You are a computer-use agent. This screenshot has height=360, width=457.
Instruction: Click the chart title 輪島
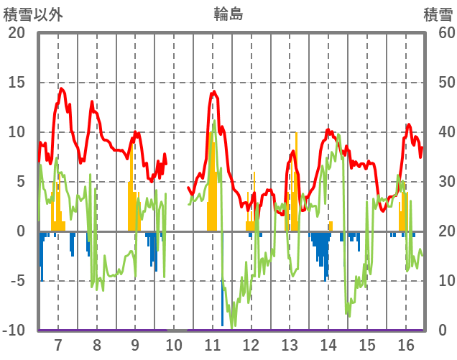[228, 14]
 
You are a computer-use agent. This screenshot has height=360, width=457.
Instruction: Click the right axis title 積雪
[438, 14]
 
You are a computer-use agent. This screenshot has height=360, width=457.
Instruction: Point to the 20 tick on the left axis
[17, 33]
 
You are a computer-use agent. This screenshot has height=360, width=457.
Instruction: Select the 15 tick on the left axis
[17, 83]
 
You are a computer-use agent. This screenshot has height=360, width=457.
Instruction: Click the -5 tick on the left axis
[17, 281]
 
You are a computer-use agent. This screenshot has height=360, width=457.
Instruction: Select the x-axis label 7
[57, 344]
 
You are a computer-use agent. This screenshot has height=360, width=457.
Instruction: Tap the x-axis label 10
[174, 344]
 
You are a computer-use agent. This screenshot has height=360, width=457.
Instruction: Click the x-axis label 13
[290, 344]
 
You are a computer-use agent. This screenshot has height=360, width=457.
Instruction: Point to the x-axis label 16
[405, 344]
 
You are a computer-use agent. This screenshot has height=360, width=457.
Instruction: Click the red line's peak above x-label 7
[62, 89]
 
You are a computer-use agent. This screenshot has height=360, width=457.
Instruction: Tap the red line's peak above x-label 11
[213, 92]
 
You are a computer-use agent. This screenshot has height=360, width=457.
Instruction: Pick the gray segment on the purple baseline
[177, 330]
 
